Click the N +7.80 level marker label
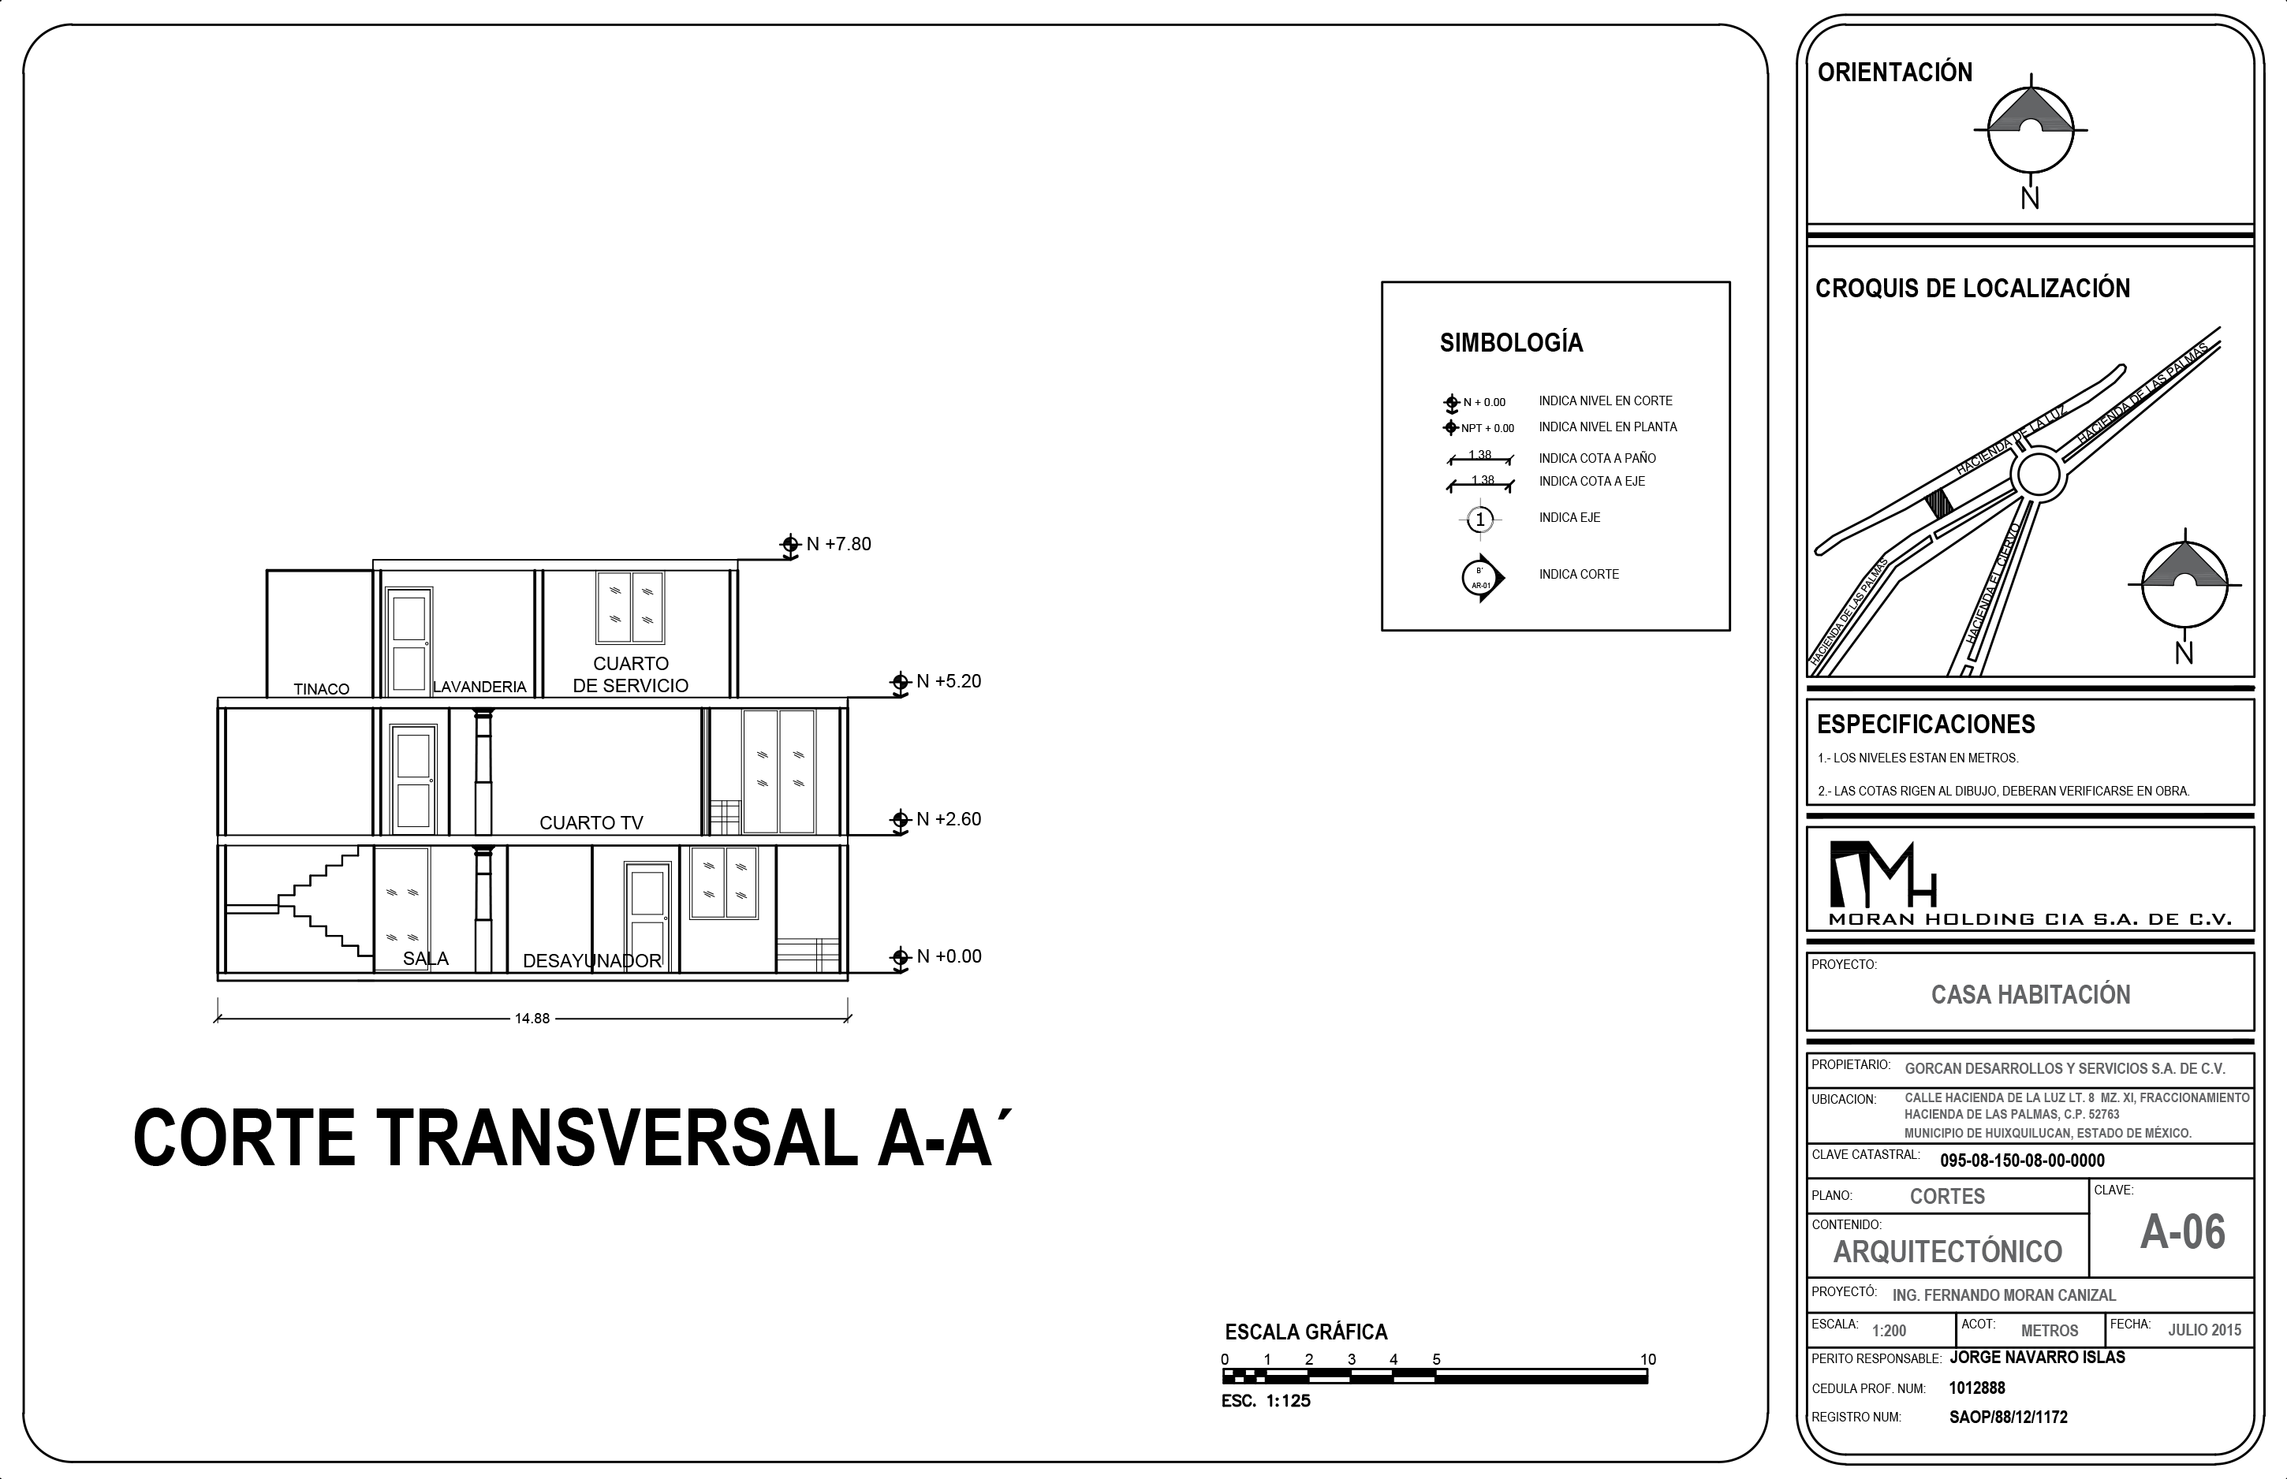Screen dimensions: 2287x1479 tap(838, 543)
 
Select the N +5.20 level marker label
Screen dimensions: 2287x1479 tap(949, 681)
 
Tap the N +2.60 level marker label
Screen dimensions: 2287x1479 tap(949, 819)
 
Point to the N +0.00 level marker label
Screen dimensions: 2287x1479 tap(949, 956)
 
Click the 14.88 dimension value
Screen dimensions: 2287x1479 tap(532, 1018)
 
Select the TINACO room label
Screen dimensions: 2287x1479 tap(321, 688)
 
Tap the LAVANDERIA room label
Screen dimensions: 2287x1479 tap(479, 687)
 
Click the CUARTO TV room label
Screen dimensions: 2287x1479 tap(591, 823)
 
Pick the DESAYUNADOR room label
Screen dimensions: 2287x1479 tap(591, 960)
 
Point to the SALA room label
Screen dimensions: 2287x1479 tap(426, 959)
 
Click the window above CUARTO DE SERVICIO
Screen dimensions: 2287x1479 tap(630, 607)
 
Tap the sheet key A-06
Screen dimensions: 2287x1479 tap(2182, 1232)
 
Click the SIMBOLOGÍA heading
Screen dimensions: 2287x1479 tap(1511, 343)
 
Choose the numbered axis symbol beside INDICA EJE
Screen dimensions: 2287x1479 tap(1480, 520)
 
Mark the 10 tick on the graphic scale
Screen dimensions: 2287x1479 tap(1647, 1359)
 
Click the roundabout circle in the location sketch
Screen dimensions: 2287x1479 tap(2036, 475)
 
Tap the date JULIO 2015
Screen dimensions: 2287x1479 tap(2204, 1330)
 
